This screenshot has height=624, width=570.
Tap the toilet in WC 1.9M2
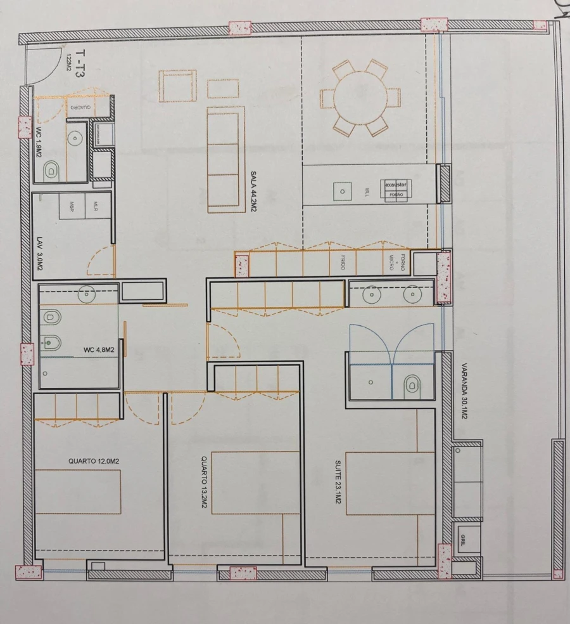tap(52, 169)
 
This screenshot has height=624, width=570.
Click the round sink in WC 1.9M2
tap(77, 137)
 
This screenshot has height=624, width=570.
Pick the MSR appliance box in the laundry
tap(72, 207)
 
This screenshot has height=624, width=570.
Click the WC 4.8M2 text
tap(99, 350)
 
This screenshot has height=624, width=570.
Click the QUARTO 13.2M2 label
tap(204, 483)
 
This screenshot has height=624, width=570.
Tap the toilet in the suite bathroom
tap(412, 382)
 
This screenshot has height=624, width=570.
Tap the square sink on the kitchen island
tap(341, 191)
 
